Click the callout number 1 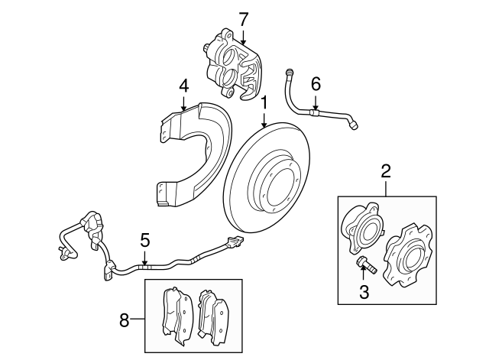pos(264,102)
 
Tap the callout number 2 pos(386,171)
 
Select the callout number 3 pos(364,291)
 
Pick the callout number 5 pos(144,242)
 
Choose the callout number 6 pos(316,83)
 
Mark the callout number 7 pos(243,18)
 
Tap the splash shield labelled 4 pos(187,153)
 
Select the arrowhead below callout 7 pos(243,41)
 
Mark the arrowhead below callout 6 pos(316,108)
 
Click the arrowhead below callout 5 pos(144,264)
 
